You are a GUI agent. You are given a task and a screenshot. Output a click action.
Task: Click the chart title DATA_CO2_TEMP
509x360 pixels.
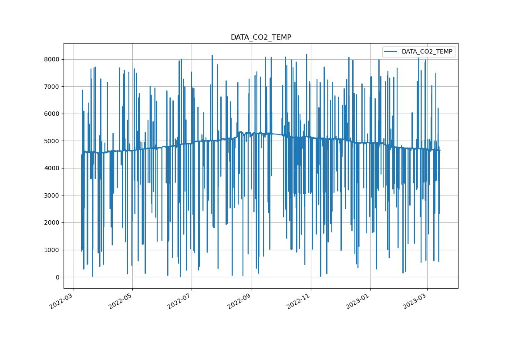point(261,37)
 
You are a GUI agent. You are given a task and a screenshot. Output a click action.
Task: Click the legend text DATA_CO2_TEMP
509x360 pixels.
point(427,52)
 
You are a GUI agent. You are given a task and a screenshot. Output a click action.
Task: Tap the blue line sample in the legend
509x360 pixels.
point(391,52)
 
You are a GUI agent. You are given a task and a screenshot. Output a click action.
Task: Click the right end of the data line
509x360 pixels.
point(440,150)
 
